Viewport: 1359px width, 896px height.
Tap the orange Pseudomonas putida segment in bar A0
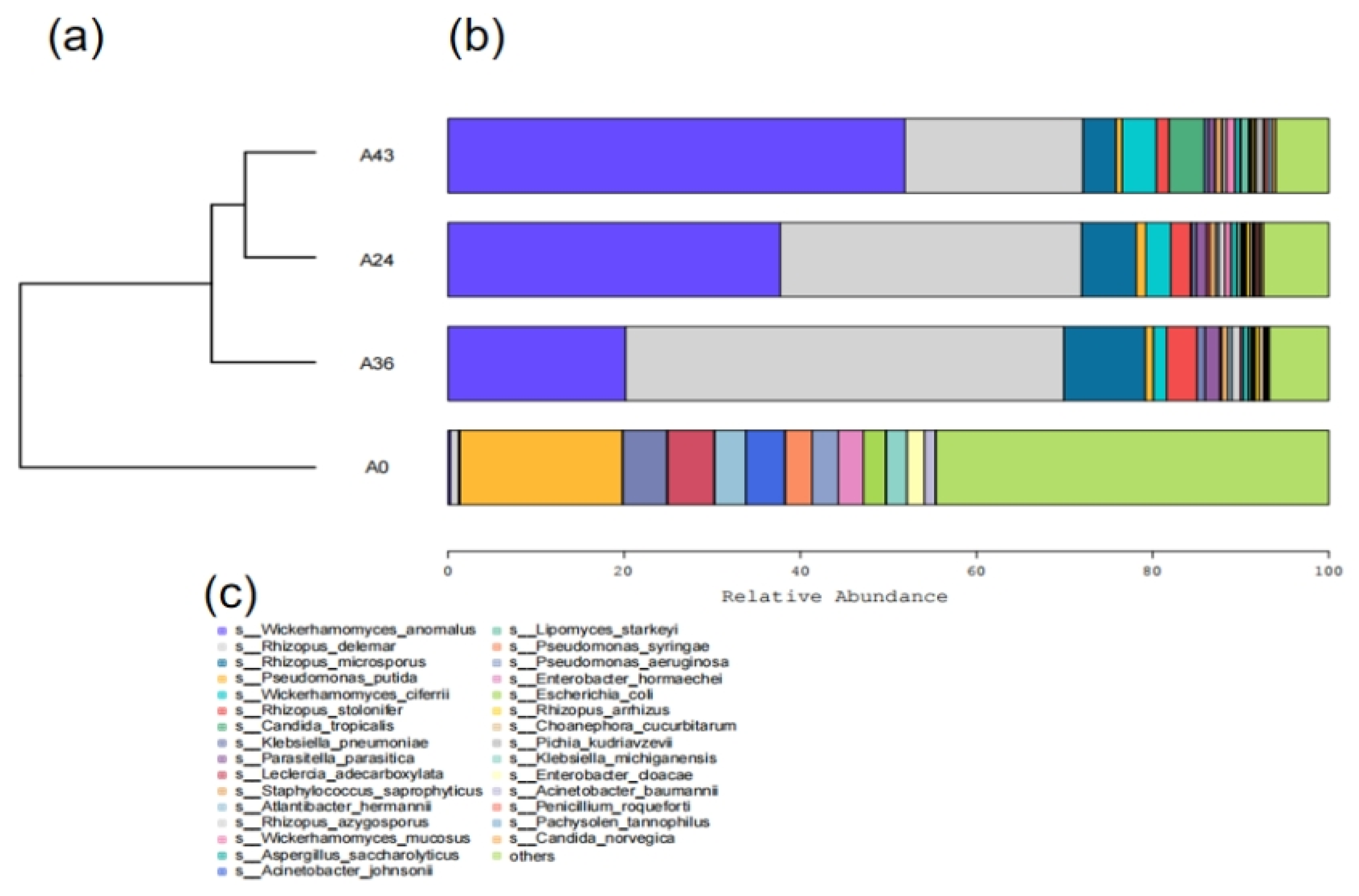tap(541, 467)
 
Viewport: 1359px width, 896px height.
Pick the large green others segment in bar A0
tap(1132, 467)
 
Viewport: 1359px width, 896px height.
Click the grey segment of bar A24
tap(930, 260)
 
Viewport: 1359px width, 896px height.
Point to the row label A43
tap(377, 155)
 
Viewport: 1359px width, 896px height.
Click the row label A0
tap(377, 467)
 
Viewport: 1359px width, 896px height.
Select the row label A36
tap(377, 363)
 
